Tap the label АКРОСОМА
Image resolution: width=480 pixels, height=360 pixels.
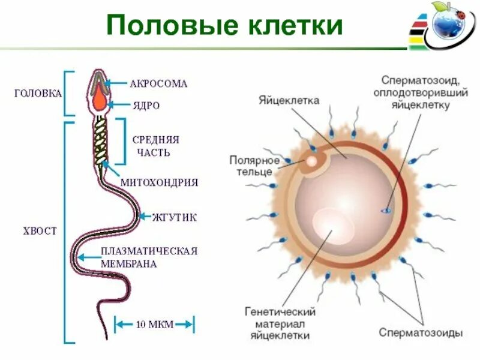158,84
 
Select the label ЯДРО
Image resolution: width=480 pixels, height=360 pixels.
146,106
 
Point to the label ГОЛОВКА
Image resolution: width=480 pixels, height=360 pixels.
38,94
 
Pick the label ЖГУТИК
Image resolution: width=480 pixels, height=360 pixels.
175,216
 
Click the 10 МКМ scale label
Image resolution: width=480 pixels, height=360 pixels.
154,325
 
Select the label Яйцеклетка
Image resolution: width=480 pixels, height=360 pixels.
290,100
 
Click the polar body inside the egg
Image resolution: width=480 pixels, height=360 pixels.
312,161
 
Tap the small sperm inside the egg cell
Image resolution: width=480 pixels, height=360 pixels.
385,211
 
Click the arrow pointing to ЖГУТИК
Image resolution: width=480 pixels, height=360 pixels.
146,216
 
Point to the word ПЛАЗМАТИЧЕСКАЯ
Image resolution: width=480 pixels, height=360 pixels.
149,251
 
